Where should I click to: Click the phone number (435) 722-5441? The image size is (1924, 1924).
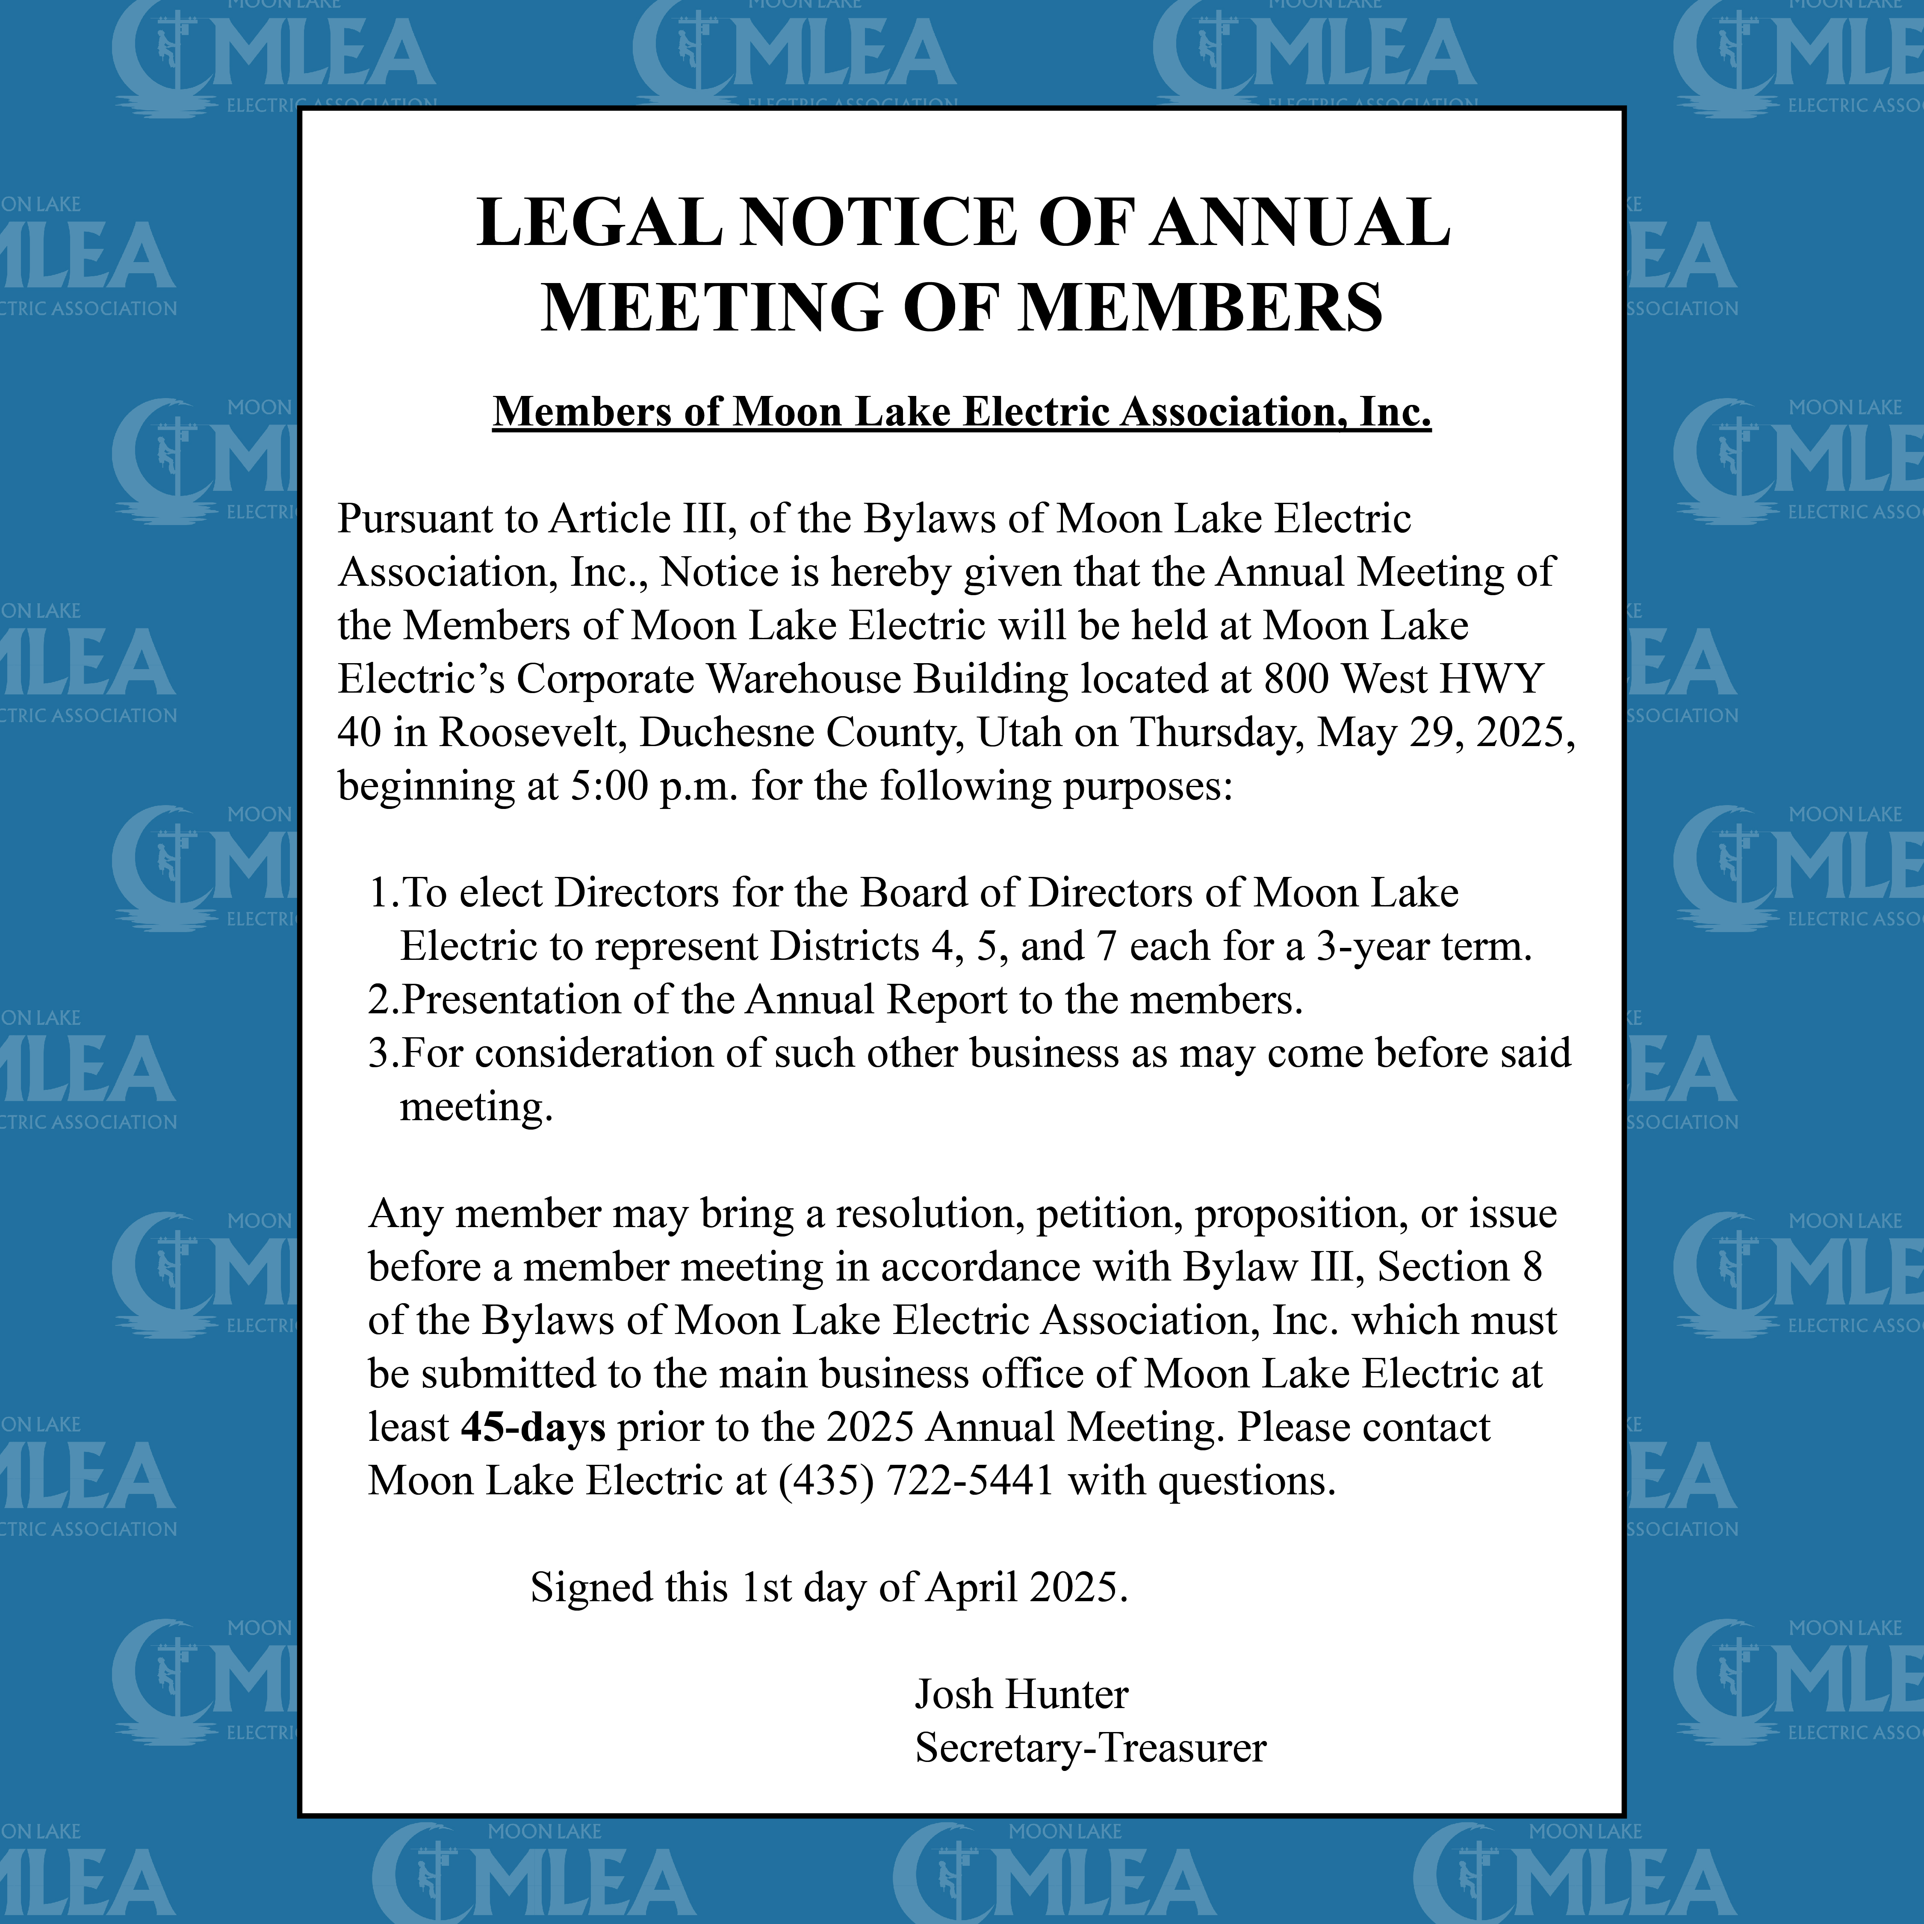tap(916, 1481)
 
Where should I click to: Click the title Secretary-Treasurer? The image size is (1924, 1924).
tap(1090, 1748)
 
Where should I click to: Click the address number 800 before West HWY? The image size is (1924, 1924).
tap(1297, 679)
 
